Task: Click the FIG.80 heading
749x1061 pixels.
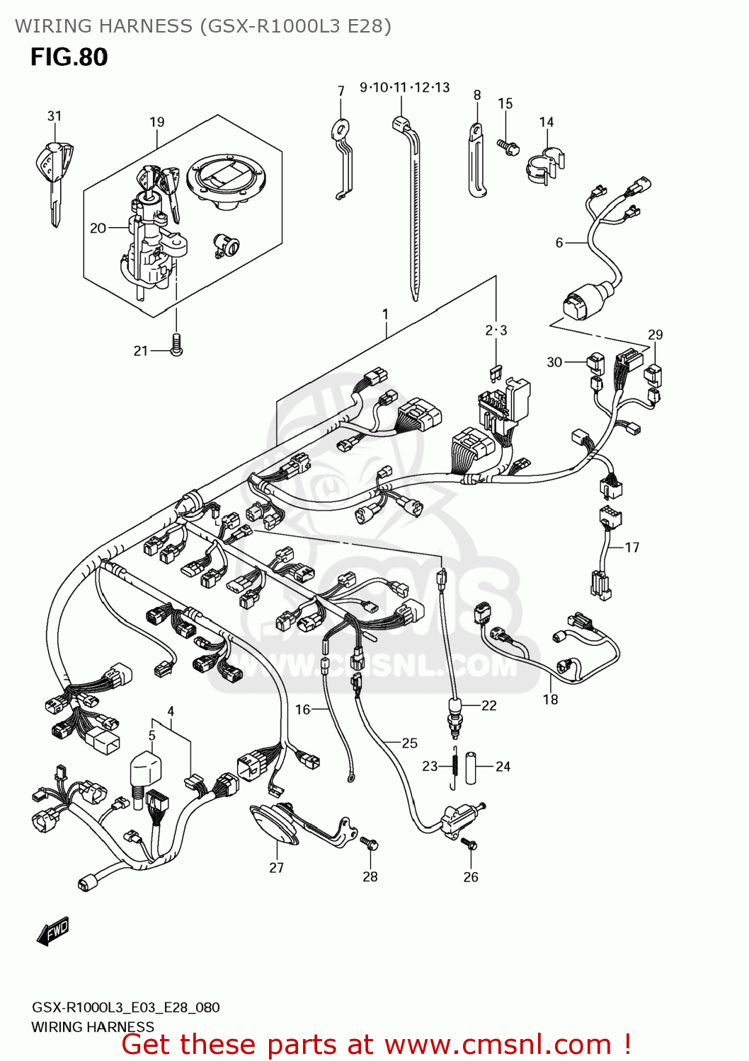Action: point(69,57)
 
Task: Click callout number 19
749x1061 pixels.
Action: point(156,122)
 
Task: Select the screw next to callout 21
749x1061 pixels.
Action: point(176,344)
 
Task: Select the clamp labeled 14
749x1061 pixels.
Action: point(544,166)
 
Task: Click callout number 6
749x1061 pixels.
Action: point(559,243)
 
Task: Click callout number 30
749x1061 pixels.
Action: point(554,362)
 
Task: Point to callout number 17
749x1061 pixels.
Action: point(631,547)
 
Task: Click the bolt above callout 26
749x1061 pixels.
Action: point(470,844)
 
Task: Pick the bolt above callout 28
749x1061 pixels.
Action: point(370,843)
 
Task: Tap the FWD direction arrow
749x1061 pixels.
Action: point(53,932)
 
